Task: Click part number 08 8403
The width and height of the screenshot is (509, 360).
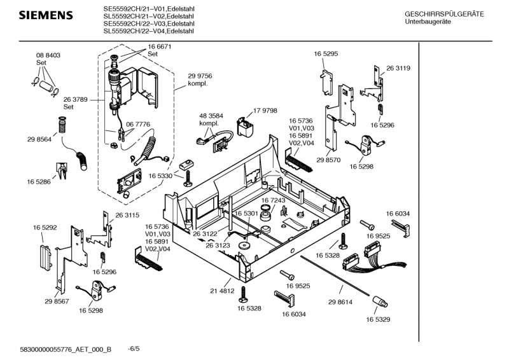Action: pos(48,56)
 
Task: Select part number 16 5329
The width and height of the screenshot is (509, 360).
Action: pos(379,319)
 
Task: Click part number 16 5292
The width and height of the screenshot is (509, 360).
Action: pos(45,226)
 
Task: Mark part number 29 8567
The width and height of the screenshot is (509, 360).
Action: pos(57,301)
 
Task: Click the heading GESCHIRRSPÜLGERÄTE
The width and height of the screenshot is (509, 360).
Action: pos(444,14)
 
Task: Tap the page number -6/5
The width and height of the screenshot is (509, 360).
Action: pos(134,348)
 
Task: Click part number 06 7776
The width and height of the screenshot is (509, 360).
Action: pos(138,124)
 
